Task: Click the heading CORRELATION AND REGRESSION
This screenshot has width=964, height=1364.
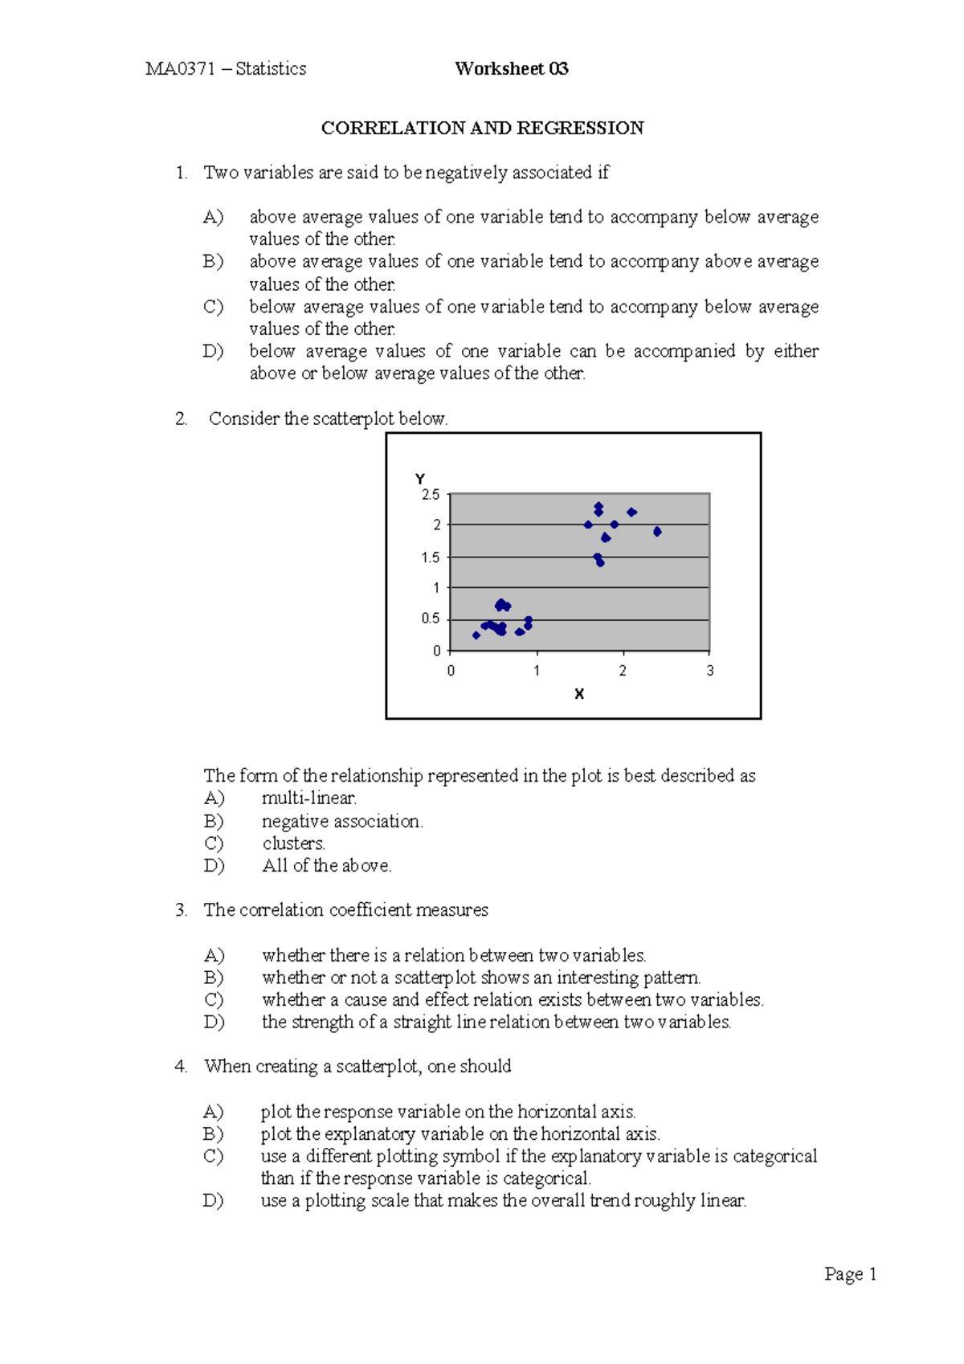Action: point(482,129)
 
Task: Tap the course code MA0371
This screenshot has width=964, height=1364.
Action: point(180,69)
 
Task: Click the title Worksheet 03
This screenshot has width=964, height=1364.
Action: point(512,69)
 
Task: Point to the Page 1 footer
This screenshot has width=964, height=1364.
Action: point(850,1274)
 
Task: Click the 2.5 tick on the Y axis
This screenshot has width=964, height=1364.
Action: point(431,495)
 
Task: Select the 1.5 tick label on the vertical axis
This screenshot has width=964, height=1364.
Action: point(431,557)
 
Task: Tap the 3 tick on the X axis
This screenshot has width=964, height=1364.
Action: point(709,671)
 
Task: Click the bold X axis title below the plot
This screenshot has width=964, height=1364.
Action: point(579,694)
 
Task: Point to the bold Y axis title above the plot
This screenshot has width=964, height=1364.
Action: point(420,479)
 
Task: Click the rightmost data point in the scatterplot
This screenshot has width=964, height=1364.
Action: point(657,532)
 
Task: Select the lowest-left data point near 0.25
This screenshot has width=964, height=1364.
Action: point(476,635)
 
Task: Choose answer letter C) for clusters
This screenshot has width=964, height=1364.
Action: point(213,843)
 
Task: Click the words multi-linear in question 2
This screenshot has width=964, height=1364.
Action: point(309,798)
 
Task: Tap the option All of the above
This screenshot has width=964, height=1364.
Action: point(326,866)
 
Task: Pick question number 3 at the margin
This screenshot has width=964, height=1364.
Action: point(181,910)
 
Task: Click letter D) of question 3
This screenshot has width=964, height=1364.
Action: point(214,1022)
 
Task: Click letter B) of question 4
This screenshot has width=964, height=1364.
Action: point(213,1134)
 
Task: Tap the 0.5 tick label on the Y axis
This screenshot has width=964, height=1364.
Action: point(431,619)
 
